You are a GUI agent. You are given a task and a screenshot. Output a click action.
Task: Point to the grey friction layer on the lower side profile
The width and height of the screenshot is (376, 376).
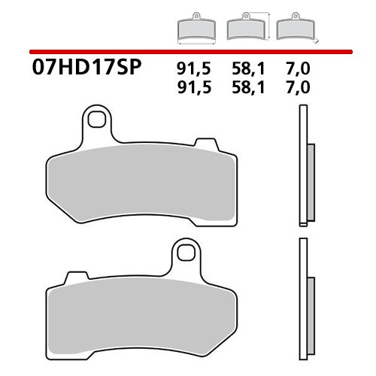(x=312, y=308)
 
